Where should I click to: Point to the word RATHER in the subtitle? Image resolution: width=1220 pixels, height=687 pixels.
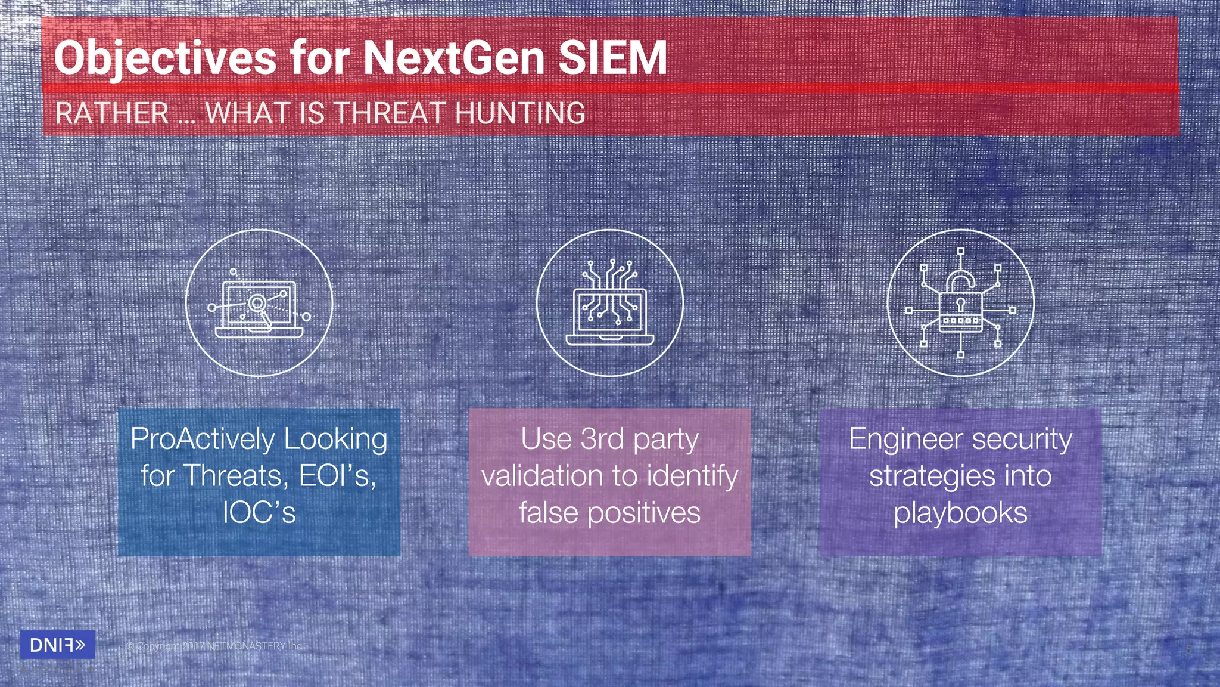pyautogui.click(x=113, y=113)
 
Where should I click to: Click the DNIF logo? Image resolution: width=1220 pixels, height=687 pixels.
pyautogui.click(x=57, y=645)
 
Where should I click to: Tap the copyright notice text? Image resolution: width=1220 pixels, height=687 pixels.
pyautogui.click(x=214, y=646)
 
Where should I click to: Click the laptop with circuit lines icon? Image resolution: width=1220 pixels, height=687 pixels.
pyautogui.click(x=609, y=304)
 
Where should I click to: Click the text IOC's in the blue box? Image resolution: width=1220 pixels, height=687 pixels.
pyautogui.click(x=259, y=513)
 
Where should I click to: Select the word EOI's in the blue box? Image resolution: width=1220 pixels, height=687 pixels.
pyautogui.click(x=337, y=476)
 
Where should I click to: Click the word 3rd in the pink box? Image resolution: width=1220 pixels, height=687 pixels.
pyautogui.click(x=602, y=440)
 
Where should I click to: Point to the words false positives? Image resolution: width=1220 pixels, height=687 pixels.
pyautogui.click(x=609, y=513)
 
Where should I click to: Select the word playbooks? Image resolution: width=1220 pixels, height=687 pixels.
pyautogui.click(x=960, y=513)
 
